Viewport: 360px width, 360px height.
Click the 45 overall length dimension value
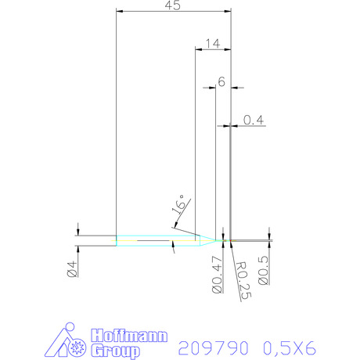coord(172,5)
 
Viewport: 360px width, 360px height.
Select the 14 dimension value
coord(213,44)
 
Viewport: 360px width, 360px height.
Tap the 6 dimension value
coord(221,82)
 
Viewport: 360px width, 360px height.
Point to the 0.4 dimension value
coord(254,120)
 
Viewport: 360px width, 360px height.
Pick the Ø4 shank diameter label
coord(72,269)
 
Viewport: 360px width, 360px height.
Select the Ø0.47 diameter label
coord(217,275)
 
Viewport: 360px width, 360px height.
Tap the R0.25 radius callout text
coord(243,280)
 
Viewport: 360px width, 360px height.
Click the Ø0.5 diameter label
coord(263,270)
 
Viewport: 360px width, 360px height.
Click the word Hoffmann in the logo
coord(129,336)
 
